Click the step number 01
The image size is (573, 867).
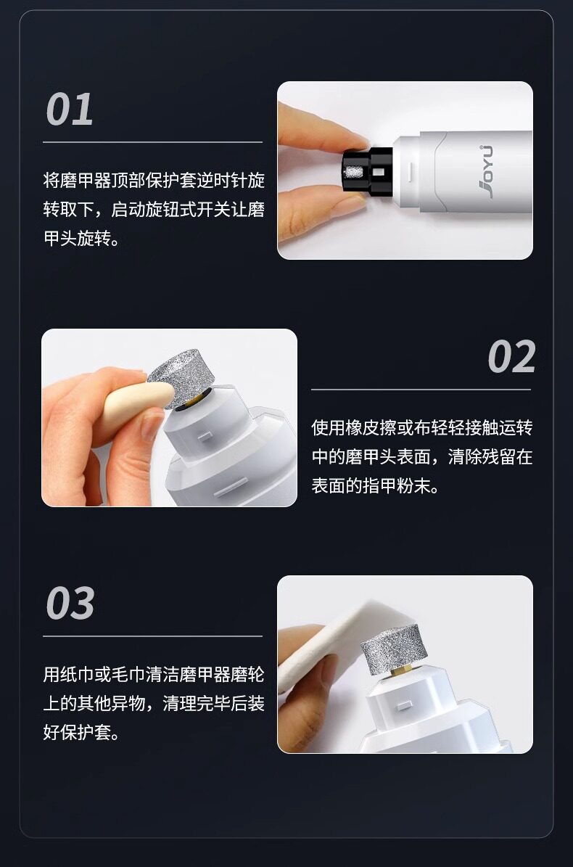pos(70,109)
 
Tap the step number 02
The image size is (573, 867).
pos(511,357)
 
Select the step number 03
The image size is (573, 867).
pos(70,603)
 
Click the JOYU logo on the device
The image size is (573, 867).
pos(485,170)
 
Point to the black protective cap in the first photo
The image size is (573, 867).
pos(367,172)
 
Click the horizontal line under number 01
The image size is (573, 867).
pos(152,143)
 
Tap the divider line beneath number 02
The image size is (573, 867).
pos(421,390)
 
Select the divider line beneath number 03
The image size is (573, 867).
pos(152,636)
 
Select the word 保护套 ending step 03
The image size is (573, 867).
pos(86,734)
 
